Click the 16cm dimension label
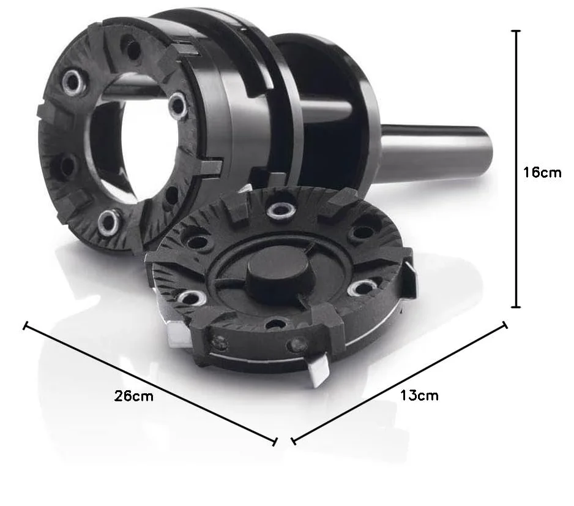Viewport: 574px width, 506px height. (x=542, y=172)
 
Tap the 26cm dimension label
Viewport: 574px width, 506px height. (x=133, y=396)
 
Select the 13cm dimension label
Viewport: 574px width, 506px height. (x=419, y=395)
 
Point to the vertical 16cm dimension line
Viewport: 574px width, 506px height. (x=516, y=169)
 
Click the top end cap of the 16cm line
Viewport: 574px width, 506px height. (x=516, y=31)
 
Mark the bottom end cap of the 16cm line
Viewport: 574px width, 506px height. (x=516, y=307)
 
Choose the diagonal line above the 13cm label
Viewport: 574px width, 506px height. (x=400, y=382)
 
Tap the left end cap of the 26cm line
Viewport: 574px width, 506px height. (x=25, y=325)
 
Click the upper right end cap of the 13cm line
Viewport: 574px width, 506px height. (x=505, y=325)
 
